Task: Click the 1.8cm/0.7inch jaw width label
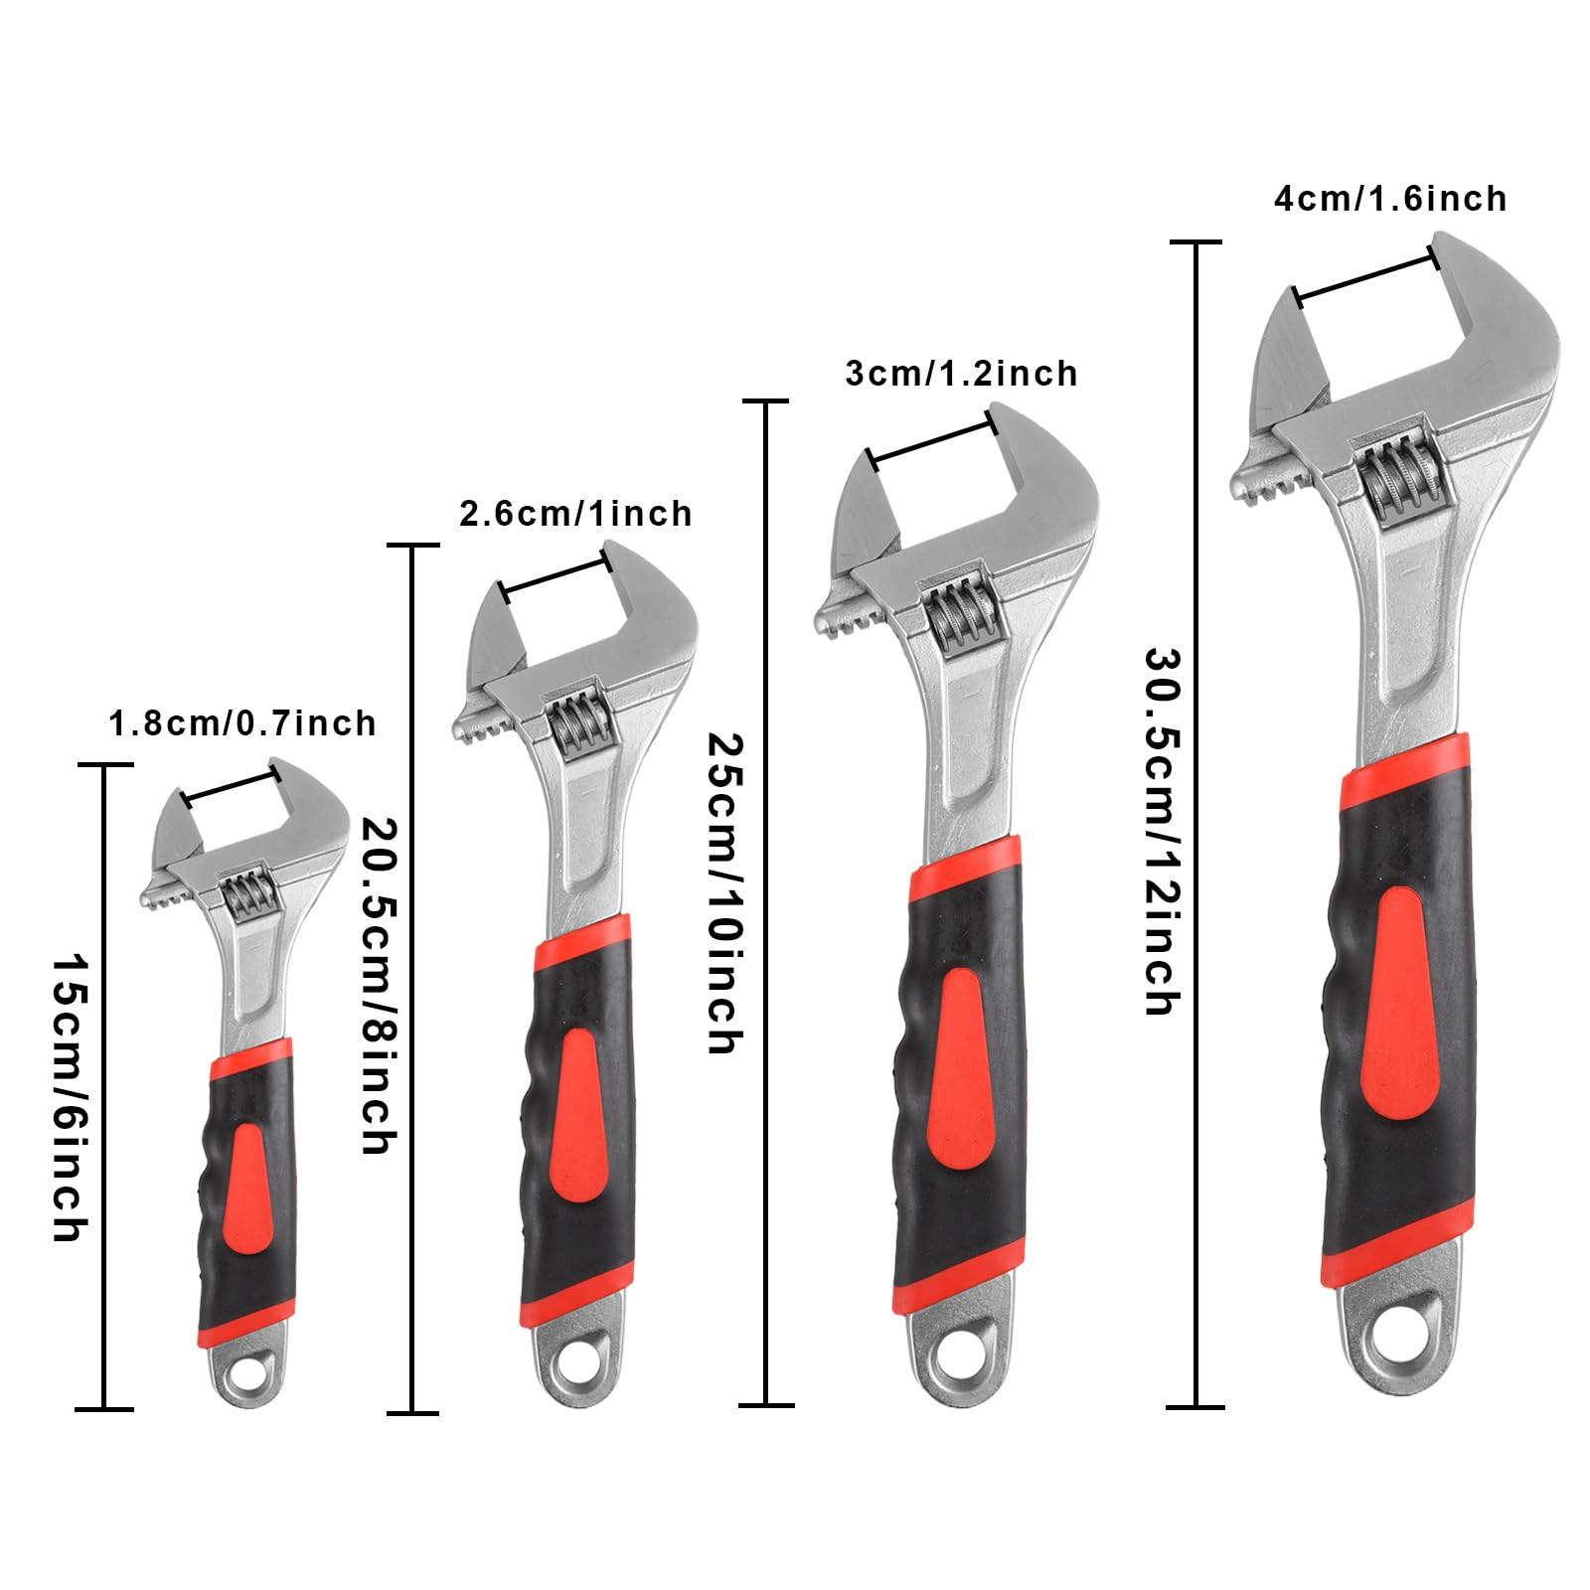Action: tap(242, 722)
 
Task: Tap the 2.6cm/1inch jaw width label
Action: tap(575, 514)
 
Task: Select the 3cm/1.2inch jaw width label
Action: tap(961, 374)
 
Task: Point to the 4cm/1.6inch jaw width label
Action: tap(1390, 199)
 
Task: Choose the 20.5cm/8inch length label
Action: tap(378, 986)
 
